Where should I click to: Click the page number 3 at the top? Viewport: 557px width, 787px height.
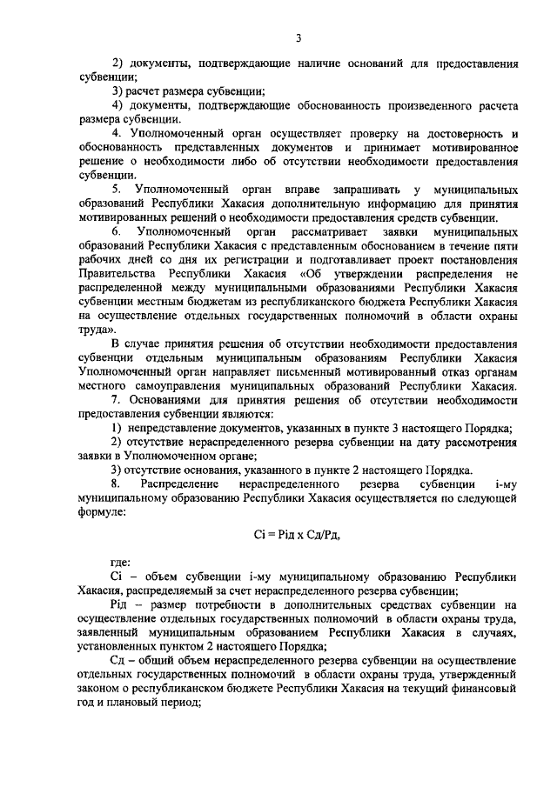298,37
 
